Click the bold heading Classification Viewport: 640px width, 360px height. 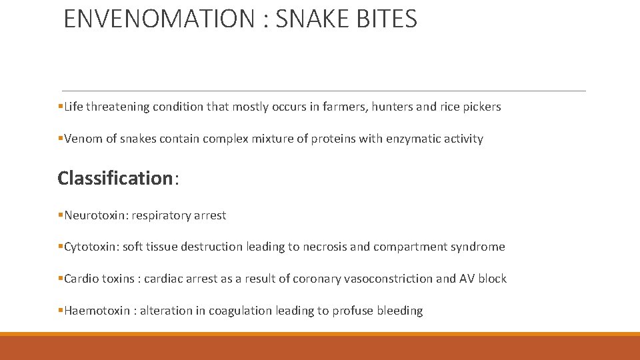pyautogui.click(x=115, y=178)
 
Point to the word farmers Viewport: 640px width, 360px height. pyautogui.click(x=344, y=107)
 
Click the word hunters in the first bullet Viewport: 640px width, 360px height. pyautogui.click(x=393, y=107)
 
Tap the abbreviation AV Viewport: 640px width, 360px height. pyautogui.click(x=467, y=279)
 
